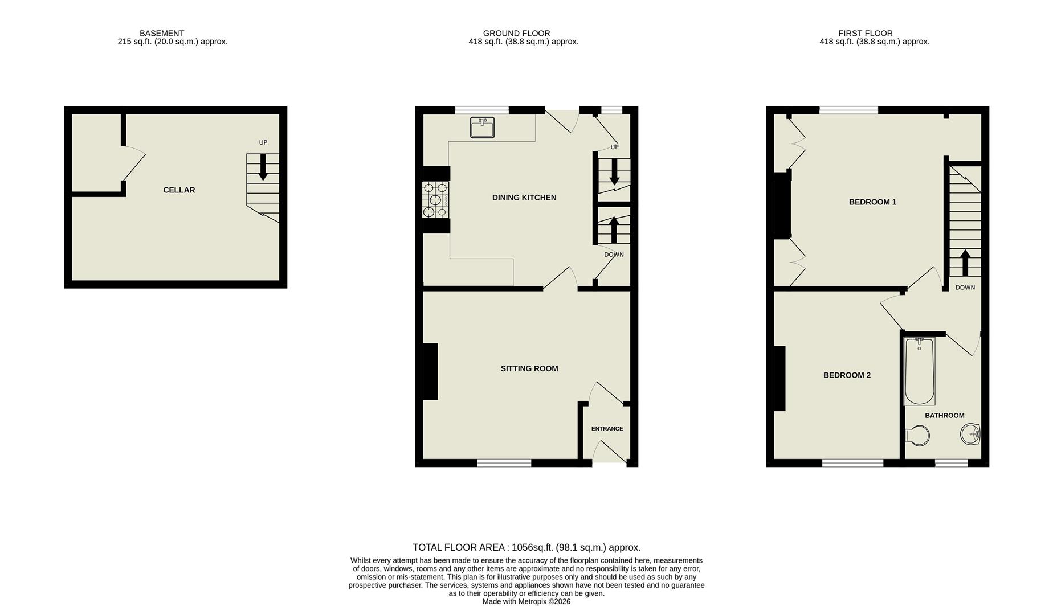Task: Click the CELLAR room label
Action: click(179, 190)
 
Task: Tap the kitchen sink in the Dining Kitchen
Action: click(482, 128)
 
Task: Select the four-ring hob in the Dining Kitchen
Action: click(435, 200)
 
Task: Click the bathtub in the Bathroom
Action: click(919, 371)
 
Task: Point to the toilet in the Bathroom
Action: click(917, 436)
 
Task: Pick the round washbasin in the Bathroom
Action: click(970, 434)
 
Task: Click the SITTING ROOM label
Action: click(529, 368)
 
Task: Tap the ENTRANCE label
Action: click(607, 429)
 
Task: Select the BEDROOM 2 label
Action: click(847, 375)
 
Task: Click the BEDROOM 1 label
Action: click(872, 202)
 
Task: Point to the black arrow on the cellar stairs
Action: click(263, 167)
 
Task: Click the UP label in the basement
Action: click(263, 142)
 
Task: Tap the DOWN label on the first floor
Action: click(965, 288)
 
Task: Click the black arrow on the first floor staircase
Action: click(965, 263)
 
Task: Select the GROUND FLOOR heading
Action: click(516, 33)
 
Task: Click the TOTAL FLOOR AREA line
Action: click(526, 547)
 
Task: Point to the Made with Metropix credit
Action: click(526, 601)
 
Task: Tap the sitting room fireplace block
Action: click(430, 371)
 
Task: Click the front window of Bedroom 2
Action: click(852, 463)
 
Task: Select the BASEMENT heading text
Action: click(162, 33)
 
